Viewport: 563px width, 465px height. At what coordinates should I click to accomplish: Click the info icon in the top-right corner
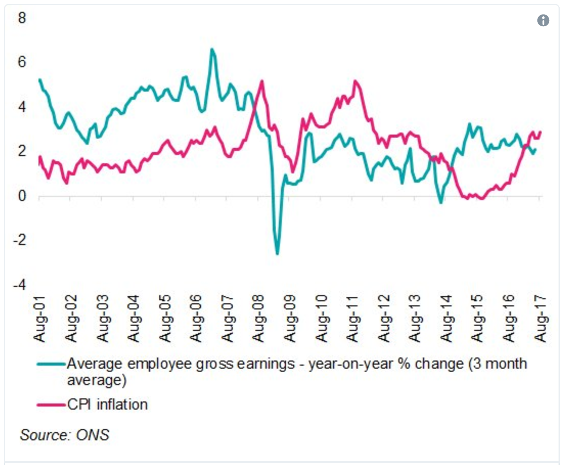pyautogui.click(x=543, y=20)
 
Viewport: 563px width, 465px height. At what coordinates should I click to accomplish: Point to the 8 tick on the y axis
pyautogui.click(x=22, y=18)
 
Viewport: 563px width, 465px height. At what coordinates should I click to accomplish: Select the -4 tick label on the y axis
pyautogui.click(x=19, y=285)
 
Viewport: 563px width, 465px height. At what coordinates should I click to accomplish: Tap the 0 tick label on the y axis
pyautogui.click(x=22, y=196)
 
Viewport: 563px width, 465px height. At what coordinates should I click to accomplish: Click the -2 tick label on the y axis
pyautogui.click(x=19, y=240)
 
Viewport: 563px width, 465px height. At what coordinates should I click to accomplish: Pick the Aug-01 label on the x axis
pyautogui.click(x=39, y=318)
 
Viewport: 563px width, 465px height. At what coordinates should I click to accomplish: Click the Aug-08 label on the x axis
pyautogui.click(x=258, y=318)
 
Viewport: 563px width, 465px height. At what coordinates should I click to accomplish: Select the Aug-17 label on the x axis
pyautogui.click(x=540, y=318)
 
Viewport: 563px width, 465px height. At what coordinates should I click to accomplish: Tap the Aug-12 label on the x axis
pyautogui.click(x=384, y=318)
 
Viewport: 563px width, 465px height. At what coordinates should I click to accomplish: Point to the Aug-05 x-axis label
pyautogui.click(x=165, y=318)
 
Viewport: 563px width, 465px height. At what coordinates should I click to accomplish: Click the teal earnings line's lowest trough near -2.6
pyautogui.click(x=277, y=254)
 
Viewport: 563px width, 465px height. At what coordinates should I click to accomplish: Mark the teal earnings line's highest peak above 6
pyautogui.click(x=212, y=49)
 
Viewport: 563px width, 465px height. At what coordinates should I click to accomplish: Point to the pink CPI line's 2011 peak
pyautogui.click(x=356, y=81)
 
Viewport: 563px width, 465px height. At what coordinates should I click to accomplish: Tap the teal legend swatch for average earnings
pyautogui.click(x=52, y=364)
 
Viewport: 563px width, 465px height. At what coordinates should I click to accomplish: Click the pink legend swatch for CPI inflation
pyautogui.click(x=52, y=405)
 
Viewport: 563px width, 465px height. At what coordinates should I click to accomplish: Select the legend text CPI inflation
pyautogui.click(x=108, y=405)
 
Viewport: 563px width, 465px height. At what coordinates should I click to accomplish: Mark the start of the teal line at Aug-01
pyautogui.click(x=40, y=80)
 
